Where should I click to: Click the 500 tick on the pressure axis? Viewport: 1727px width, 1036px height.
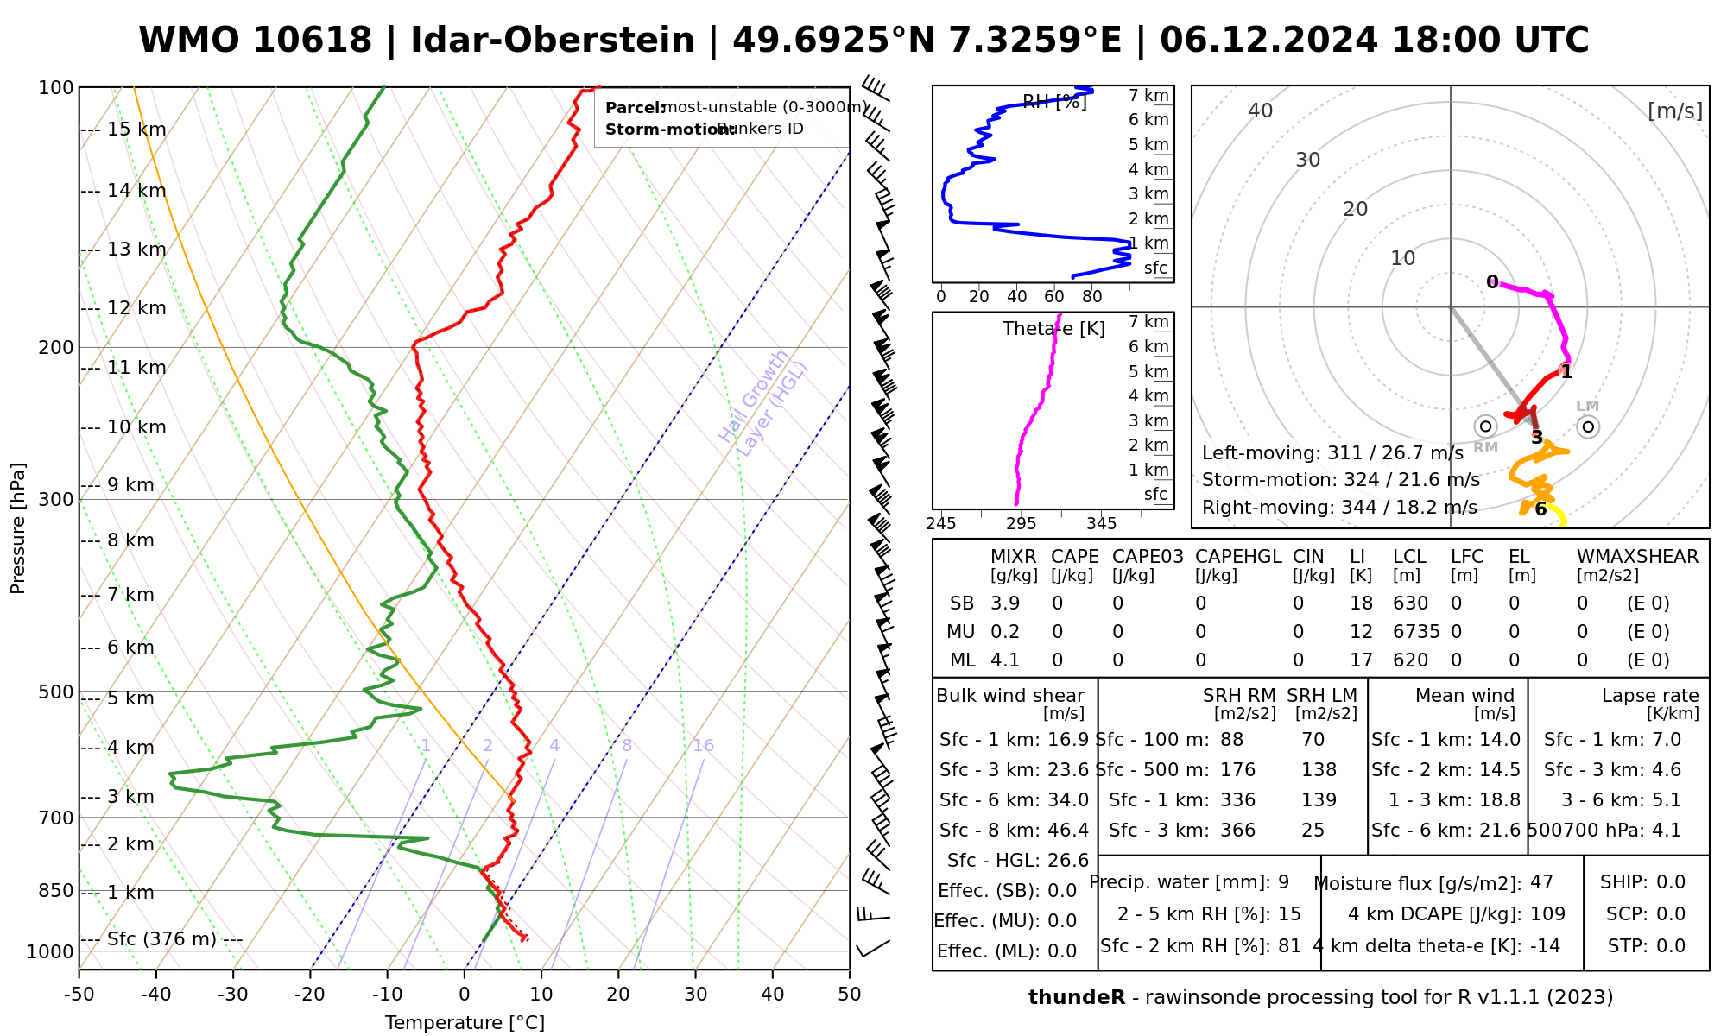pos(57,692)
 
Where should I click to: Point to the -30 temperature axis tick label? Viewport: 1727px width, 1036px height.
pos(233,995)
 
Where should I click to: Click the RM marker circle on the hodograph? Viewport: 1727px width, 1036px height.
pos(1485,426)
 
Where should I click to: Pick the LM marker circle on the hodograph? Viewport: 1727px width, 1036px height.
pos(1588,426)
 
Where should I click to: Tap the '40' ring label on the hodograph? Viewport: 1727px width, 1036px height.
pos(1261,111)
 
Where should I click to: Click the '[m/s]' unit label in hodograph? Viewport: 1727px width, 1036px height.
pos(1674,111)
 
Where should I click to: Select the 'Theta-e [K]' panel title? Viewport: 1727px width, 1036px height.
pos(1053,329)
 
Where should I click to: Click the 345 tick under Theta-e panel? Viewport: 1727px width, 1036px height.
pos(1101,524)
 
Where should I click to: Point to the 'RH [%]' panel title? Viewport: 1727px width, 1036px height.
pos(1053,102)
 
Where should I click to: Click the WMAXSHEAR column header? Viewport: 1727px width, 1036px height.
pos(1637,557)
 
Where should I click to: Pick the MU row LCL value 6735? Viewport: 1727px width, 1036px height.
pos(1416,632)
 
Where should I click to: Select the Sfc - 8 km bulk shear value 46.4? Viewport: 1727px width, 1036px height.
pos(1068,831)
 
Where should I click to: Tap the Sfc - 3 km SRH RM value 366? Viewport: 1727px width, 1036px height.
pos(1237,831)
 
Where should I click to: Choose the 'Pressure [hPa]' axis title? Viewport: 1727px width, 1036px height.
pos(18,528)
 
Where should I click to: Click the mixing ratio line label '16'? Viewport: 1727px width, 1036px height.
pos(703,746)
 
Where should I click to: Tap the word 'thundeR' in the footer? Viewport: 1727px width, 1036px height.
pos(1076,998)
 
